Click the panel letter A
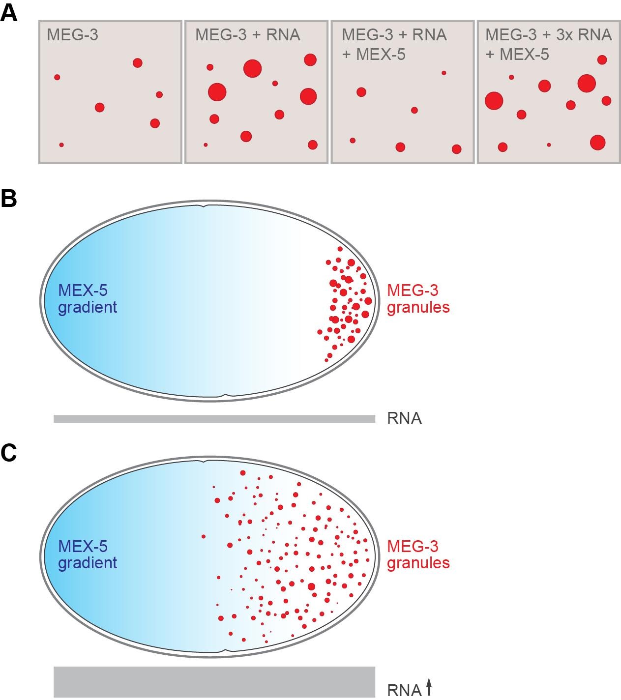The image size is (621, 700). tap(9, 13)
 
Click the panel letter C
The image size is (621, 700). tap(9, 453)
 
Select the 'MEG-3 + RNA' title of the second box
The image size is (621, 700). tap(247, 35)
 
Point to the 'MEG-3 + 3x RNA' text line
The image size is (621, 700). tap(548, 35)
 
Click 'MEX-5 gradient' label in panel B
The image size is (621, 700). tap(88, 299)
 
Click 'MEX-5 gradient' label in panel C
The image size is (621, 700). tap(88, 554)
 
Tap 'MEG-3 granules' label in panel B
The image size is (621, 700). tap(418, 299)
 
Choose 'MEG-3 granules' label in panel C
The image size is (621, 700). tap(418, 554)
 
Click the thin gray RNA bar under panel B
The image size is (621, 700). tap(214, 419)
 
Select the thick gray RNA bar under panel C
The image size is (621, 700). tap(214, 682)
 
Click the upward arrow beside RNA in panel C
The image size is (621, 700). tap(429, 687)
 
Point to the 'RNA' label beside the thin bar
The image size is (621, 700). tap(404, 419)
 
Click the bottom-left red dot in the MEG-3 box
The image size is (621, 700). tap(61, 145)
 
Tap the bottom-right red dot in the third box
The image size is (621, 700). tap(456, 149)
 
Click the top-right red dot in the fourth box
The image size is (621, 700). tap(602, 60)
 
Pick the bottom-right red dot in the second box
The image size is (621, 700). tap(313, 145)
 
